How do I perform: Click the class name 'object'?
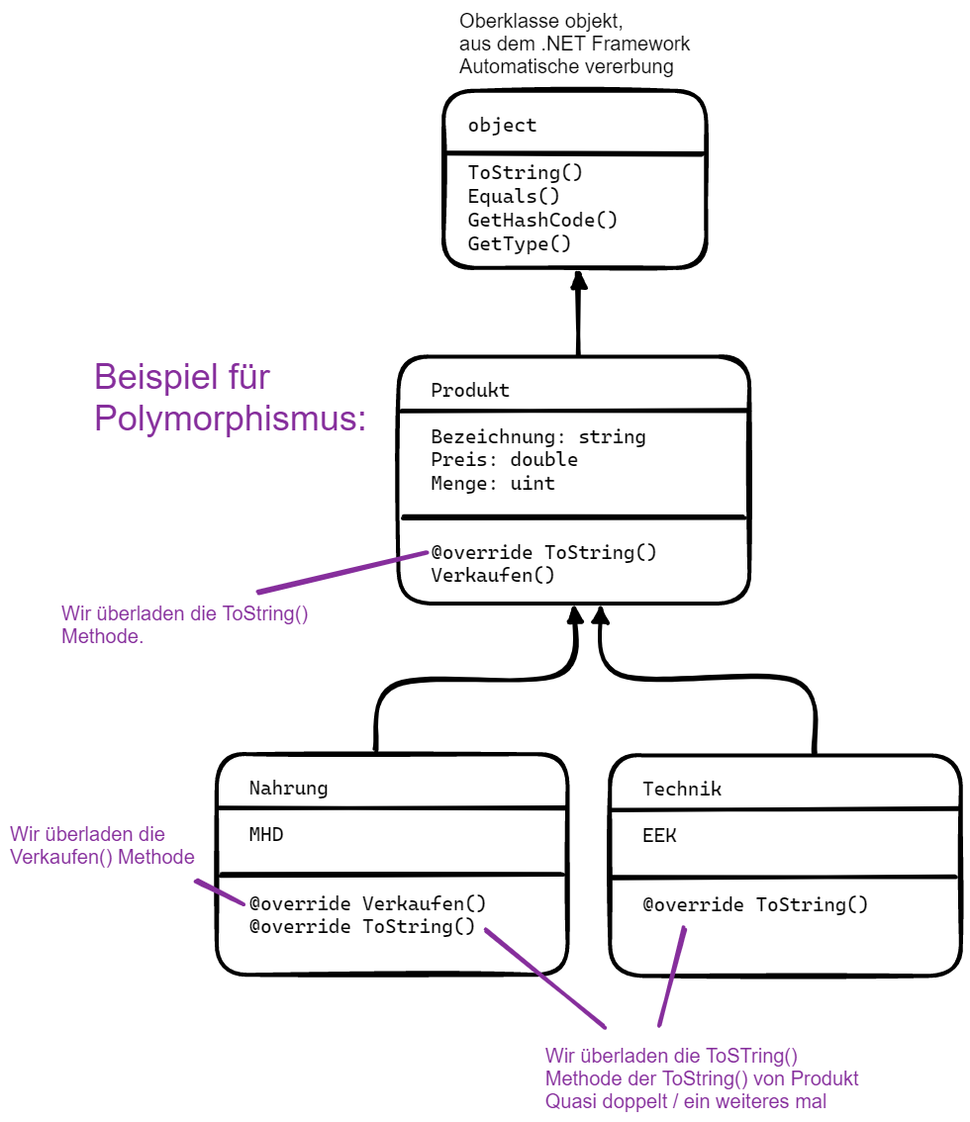click(502, 126)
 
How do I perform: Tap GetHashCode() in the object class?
click(542, 220)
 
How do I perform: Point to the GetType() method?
click(520, 243)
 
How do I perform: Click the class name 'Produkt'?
click(470, 390)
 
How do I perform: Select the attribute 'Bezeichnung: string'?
click(538, 436)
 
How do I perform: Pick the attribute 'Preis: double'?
click(504, 460)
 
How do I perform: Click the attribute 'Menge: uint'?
click(493, 484)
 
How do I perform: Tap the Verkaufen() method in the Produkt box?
click(493, 575)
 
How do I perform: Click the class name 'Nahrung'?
click(288, 789)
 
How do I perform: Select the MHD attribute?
click(265, 835)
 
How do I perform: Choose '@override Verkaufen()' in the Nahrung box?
click(367, 903)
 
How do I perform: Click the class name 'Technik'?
click(682, 789)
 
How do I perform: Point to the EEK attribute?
click(660, 835)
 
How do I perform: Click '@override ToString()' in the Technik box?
click(755, 904)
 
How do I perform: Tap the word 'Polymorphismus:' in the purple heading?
click(230, 419)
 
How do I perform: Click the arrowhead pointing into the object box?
click(579, 280)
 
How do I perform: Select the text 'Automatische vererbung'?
click(566, 66)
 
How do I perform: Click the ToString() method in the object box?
click(526, 172)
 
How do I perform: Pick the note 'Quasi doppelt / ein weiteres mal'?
click(685, 1101)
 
